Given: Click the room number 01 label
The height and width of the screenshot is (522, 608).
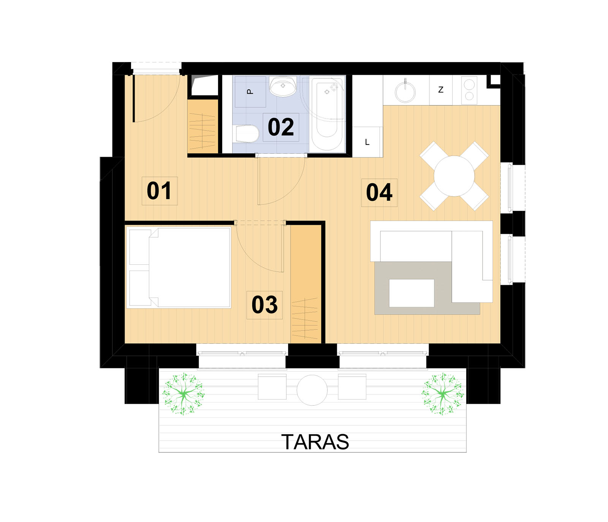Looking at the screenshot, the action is [x=159, y=191].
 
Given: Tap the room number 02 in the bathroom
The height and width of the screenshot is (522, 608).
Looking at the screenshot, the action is [x=281, y=127].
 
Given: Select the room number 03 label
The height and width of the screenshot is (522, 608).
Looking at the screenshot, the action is [x=264, y=305].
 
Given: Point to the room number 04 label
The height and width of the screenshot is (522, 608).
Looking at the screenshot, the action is [x=379, y=193].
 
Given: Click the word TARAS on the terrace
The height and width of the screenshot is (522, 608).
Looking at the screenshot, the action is [x=315, y=442].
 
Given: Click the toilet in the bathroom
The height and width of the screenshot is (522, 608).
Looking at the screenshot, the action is [x=247, y=134].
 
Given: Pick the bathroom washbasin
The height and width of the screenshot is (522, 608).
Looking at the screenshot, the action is [x=283, y=86].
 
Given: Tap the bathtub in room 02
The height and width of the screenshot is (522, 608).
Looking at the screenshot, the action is [x=327, y=114].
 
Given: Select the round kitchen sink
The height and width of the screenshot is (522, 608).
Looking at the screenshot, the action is [x=405, y=92].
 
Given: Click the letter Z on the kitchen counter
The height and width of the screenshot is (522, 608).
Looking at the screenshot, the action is [x=441, y=90].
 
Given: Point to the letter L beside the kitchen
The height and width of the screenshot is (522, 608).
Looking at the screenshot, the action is [x=367, y=142].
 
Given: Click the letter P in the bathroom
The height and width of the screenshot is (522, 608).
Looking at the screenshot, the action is [x=250, y=91].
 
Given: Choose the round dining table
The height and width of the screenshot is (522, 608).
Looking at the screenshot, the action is [x=454, y=176].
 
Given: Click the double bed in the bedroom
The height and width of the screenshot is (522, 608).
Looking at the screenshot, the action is [x=179, y=267].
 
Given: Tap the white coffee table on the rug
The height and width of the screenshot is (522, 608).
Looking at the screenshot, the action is [x=412, y=293].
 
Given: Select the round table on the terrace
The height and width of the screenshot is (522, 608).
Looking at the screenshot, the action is [x=312, y=390].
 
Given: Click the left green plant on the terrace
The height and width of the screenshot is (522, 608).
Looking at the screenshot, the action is [x=184, y=394].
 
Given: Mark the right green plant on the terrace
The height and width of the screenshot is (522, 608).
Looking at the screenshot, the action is [x=443, y=394].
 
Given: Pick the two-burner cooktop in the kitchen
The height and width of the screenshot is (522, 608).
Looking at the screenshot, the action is [x=469, y=90].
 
